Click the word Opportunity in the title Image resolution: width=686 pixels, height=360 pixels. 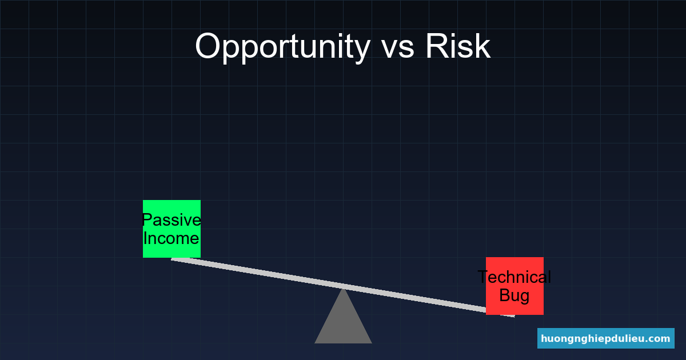(x=282, y=48)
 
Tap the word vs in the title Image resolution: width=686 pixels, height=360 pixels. (x=398, y=49)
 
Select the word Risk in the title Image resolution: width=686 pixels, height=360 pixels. (x=458, y=46)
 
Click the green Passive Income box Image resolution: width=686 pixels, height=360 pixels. (x=172, y=229)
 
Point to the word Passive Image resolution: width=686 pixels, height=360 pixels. (x=172, y=220)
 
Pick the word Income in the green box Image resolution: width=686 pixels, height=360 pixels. (x=171, y=238)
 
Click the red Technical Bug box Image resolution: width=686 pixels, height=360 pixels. (x=515, y=286)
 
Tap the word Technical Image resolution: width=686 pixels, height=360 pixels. (x=514, y=277)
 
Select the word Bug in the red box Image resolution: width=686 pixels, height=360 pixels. (x=514, y=296)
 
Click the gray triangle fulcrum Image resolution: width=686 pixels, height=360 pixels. (x=344, y=321)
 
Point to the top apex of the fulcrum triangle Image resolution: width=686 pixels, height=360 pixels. (x=344, y=289)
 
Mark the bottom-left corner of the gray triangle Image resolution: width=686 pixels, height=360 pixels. (x=315, y=343)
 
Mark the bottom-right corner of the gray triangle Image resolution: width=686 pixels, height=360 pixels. (x=372, y=343)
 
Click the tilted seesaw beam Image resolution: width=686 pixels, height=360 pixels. (x=343, y=287)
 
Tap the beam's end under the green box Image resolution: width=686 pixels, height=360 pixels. (x=172, y=259)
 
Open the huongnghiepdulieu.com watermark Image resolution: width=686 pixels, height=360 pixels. (x=606, y=338)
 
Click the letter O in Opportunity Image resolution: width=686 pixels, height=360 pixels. (x=208, y=46)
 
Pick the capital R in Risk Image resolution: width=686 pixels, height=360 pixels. (x=437, y=46)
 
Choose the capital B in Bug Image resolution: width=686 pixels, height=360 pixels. (x=505, y=295)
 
